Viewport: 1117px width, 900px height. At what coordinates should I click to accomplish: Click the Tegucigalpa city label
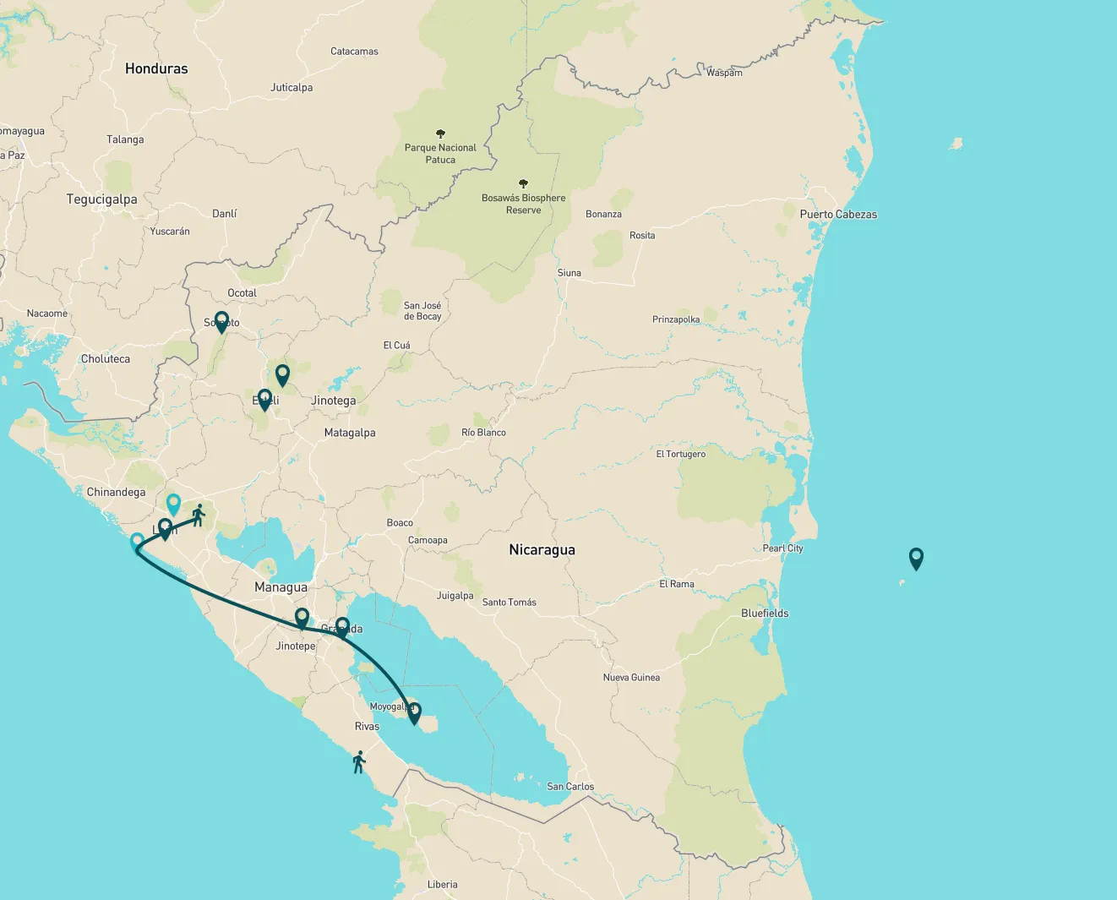(x=101, y=199)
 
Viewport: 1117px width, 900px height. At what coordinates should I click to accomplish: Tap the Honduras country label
(x=156, y=68)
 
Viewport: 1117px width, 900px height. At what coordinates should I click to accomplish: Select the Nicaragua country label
(x=542, y=549)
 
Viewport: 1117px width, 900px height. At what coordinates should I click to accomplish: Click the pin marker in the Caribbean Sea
(x=916, y=558)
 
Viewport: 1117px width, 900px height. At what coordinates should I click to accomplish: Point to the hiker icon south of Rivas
(x=359, y=761)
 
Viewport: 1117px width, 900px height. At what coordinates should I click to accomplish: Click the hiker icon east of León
(x=199, y=515)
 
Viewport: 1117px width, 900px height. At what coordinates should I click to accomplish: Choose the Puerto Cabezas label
(x=838, y=215)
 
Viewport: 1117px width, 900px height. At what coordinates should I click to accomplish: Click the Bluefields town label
(x=765, y=614)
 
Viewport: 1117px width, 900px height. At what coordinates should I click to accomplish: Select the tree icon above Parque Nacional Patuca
(x=440, y=134)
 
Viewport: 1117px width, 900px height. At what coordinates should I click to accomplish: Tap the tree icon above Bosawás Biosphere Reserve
(x=523, y=183)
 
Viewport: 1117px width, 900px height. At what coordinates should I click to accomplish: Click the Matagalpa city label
(x=350, y=433)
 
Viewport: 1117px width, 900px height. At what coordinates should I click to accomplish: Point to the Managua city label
(x=281, y=587)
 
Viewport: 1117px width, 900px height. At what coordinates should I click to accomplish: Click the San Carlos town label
(x=570, y=787)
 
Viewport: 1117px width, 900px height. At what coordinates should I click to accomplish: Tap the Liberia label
(x=442, y=885)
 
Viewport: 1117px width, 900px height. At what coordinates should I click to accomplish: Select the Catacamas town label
(x=354, y=52)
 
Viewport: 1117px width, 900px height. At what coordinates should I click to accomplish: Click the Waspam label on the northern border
(x=724, y=73)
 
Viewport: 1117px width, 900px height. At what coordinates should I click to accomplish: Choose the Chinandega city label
(x=116, y=492)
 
